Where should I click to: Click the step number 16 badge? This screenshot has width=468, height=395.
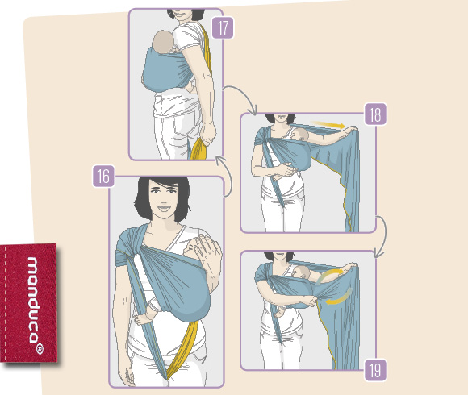click(x=103, y=177)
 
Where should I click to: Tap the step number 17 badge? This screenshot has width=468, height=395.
click(x=223, y=28)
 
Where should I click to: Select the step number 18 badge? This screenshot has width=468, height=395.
click(x=375, y=114)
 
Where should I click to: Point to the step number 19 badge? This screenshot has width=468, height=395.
click(x=375, y=370)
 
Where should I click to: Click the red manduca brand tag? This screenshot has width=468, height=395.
click(x=29, y=303)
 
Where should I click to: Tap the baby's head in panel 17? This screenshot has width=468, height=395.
click(x=163, y=41)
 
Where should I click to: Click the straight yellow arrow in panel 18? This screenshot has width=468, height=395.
click(x=328, y=124)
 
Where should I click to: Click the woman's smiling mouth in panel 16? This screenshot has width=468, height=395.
click(x=163, y=208)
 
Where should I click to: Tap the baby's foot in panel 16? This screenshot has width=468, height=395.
click(x=140, y=319)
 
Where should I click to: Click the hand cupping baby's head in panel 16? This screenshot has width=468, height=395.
click(x=208, y=253)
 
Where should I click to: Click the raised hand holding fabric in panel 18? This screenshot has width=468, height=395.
click(x=351, y=129)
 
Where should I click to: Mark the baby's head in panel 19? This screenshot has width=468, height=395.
click(x=302, y=272)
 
